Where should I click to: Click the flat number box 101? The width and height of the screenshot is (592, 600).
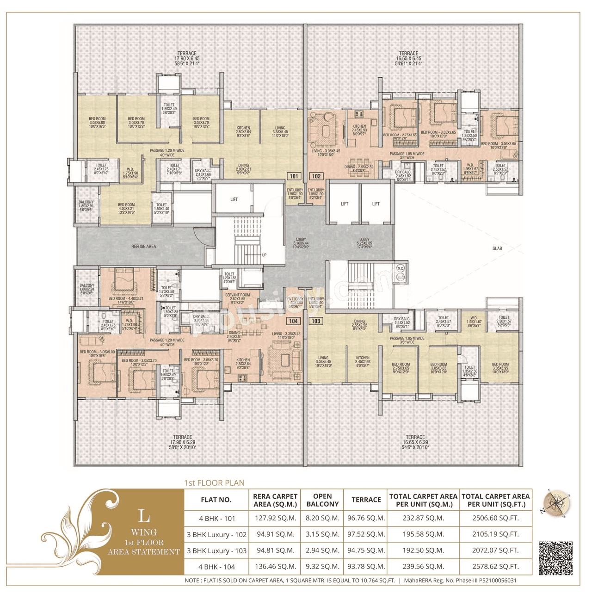point(294,176)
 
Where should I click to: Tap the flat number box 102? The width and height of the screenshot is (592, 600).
point(316,176)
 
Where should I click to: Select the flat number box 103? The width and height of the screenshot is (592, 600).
point(316,321)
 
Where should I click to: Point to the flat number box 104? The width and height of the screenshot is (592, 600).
point(294,321)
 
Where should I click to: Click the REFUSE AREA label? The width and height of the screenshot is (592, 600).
point(143,247)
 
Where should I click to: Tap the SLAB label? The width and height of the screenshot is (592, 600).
point(497,248)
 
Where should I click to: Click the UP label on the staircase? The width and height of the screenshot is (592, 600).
point(264,255)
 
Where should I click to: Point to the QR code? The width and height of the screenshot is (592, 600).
point(555,558)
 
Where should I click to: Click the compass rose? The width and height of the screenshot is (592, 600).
point(555,504)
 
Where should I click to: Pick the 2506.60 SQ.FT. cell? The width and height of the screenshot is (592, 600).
point(495,518)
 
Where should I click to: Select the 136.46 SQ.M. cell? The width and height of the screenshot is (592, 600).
point(275,566)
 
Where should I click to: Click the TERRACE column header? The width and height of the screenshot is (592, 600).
point(366,500)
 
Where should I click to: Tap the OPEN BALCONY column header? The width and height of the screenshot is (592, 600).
point(322,500)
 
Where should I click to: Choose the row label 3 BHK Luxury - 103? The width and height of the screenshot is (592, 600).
point(216,551)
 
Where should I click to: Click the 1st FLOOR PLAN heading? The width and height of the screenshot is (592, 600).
point(214,483)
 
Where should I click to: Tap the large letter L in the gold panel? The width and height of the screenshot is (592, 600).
point(144,516)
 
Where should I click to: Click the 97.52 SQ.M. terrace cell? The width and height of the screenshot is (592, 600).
point(366,534)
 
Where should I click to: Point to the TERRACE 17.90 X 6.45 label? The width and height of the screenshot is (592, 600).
point(187,58)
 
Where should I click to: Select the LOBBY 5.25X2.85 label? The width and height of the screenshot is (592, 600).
point(364,243)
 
